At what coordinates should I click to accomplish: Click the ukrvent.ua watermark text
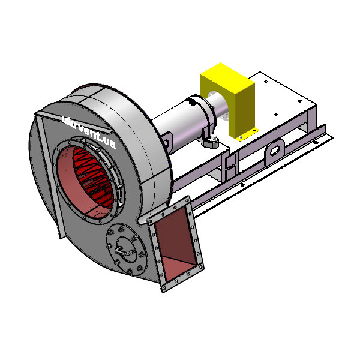89,132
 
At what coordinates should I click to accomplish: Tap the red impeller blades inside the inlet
93,177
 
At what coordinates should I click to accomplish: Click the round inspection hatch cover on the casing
127,249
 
